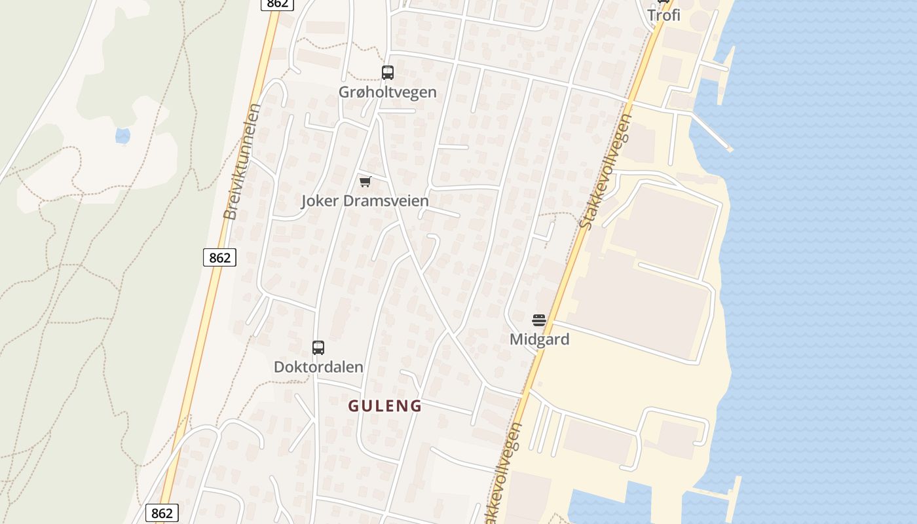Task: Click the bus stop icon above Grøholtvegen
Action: pyautogui.click(x=388, y=73)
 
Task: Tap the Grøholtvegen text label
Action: pyautogui.click(x=387, y=92)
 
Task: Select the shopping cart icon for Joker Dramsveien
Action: pyautogui.click(x=365, y=181)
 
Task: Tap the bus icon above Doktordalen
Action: pyautogui.click(x=318, y=348)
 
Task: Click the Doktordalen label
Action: pyautogui.click(x=318, y=367)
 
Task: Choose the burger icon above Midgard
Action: pyautogui.click(x=539, y=320)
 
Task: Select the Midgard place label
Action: pyautogui.click(x=539, y=339)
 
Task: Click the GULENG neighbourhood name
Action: pyautogui.click(x=384, y=406)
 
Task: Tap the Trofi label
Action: pyautogui.click(x=664, y=15)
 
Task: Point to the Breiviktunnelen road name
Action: pyautogui.click(x=242, y=161)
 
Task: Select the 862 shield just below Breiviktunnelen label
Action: pyautogui.click(x=219, y=257)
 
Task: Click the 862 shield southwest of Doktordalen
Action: pyautogui.click(x=162, y=513)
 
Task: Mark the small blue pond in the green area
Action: pyautogui.click(x=122, y=136)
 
